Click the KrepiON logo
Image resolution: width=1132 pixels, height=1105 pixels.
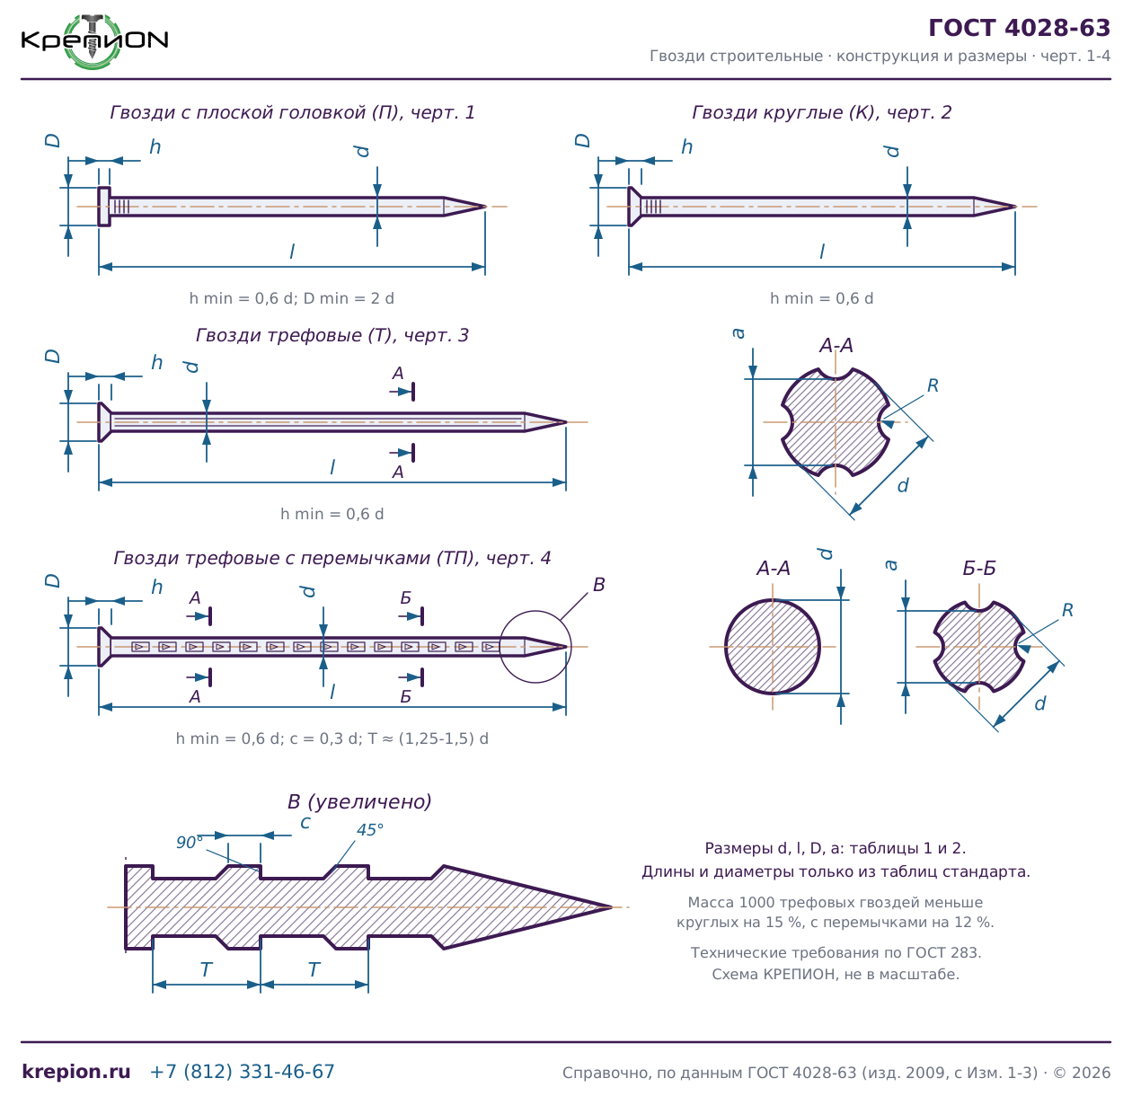tap(94, 40)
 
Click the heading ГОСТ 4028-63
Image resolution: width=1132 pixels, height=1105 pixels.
tap(1018, 28)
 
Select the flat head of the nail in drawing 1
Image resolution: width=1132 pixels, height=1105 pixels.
tap(103, 207)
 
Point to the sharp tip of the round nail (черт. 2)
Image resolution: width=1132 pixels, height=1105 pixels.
tap(1015, 207)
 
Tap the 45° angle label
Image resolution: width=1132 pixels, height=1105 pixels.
tap(370, 829)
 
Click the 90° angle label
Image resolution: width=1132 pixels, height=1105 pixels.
tap(190, 842)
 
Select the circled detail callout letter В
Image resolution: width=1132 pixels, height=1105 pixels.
tap(598, 585)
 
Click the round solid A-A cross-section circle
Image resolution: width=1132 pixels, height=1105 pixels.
tap(772, 646)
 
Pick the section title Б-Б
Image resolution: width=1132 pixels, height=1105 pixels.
tap(979, 568)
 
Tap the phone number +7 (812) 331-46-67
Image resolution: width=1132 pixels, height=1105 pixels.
tap(242, 1071)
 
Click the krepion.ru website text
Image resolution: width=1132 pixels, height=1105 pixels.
tap(76, 1071)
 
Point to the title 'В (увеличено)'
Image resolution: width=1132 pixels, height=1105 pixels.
tap(359, 801)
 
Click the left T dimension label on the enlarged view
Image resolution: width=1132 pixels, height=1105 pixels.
tap(206, 969)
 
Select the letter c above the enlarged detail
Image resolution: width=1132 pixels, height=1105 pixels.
tap(305, 823)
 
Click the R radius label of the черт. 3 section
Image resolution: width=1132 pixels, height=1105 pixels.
tap(933, 385)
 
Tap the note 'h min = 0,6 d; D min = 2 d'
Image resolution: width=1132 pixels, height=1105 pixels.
tap(291, 298)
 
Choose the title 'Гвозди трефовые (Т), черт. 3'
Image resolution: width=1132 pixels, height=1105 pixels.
tap(332, 335)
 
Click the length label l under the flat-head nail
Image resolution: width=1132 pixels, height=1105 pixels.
tap(292, 252)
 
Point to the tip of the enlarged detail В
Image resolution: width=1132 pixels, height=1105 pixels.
tap(612, 906)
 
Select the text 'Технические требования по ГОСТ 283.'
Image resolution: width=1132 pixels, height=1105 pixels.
tap(836, 952)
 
